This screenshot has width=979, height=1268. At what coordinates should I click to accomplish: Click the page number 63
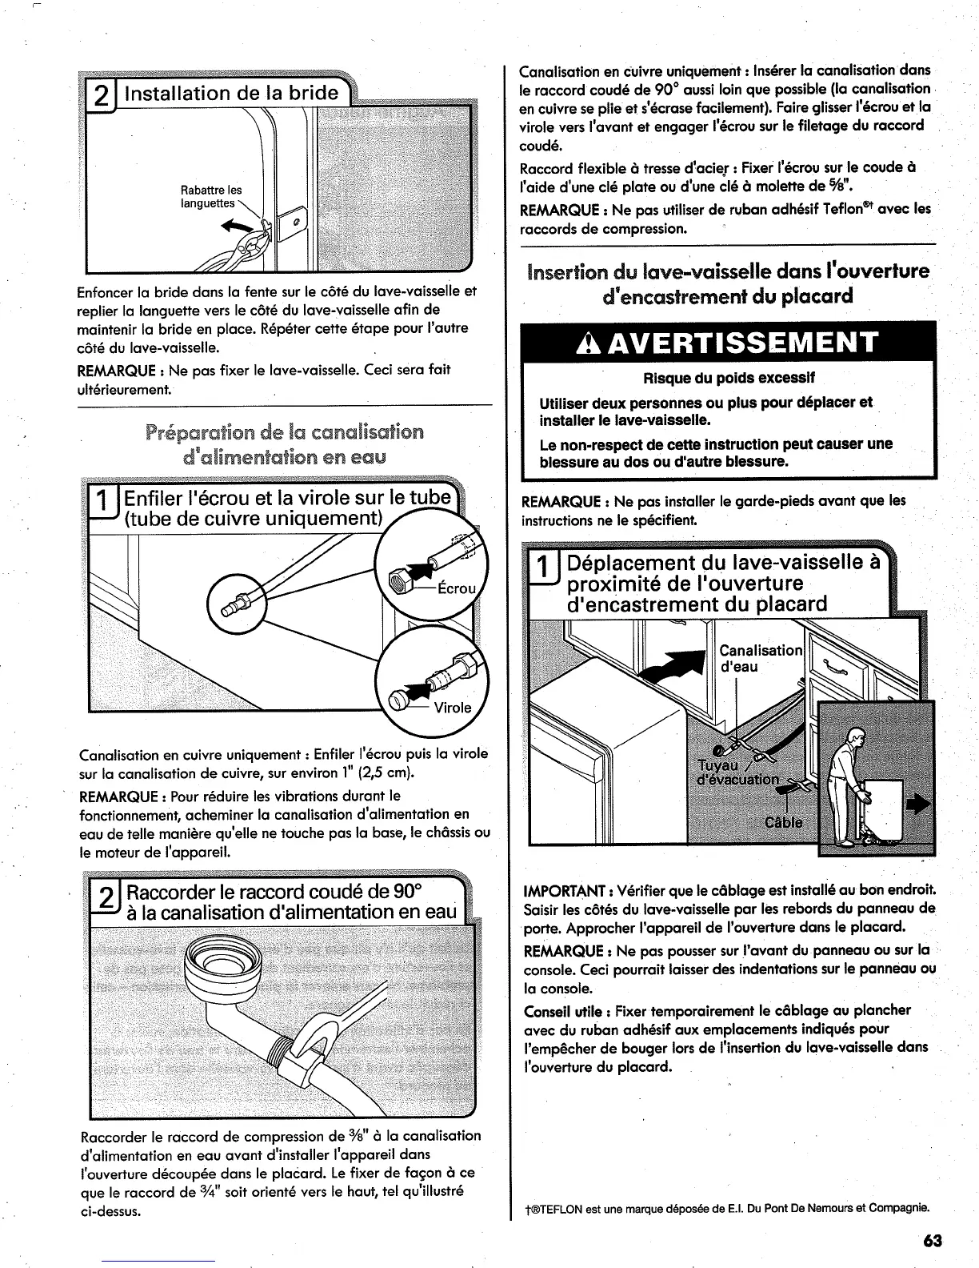pyautogui.click(x=932, y=1241)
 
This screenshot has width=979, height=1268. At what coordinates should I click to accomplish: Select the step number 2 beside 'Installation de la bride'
pyautogui.click(x=102, y=94)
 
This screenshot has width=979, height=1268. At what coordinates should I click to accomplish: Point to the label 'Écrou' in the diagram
pyautogui.click(x=457, y=588)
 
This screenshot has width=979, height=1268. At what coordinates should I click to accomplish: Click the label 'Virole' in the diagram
pyautogui.click(x=453, y=707)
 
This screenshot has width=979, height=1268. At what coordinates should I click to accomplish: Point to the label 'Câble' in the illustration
pyautogui.click(x=784, y=822)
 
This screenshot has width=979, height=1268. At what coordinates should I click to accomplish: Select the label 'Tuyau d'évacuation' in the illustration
pyautogui.click(x=737, y=772)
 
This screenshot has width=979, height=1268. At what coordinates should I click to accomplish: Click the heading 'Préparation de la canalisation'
pyautogui.click(x=285, y=433)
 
